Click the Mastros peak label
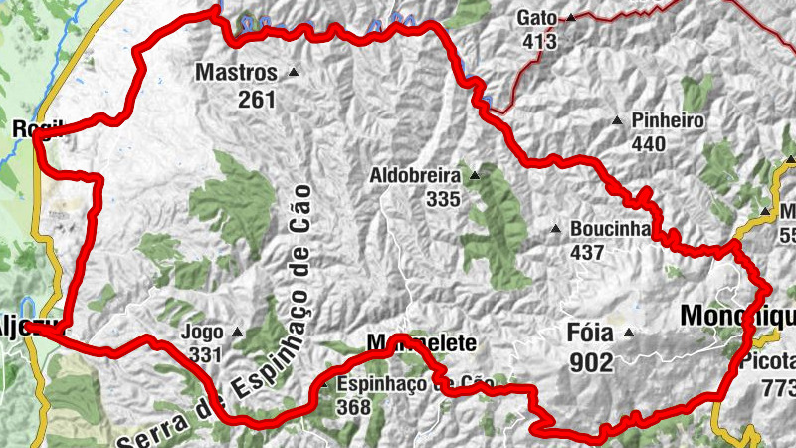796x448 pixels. click(236, 73)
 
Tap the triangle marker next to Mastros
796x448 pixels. click(293, 72)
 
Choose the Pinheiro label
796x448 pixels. click(668, 121)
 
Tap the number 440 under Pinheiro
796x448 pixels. click(648, 144)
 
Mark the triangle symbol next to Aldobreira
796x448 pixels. click(475, 176)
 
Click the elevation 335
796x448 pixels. click(443, 199)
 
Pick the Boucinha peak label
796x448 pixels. click(610, 229)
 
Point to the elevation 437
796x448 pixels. click(587, 252)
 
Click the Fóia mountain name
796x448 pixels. click(591, 335)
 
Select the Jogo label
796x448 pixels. click(203, 333)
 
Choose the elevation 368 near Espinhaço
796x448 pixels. click(353, 407)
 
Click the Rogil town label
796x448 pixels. click(36, 128)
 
